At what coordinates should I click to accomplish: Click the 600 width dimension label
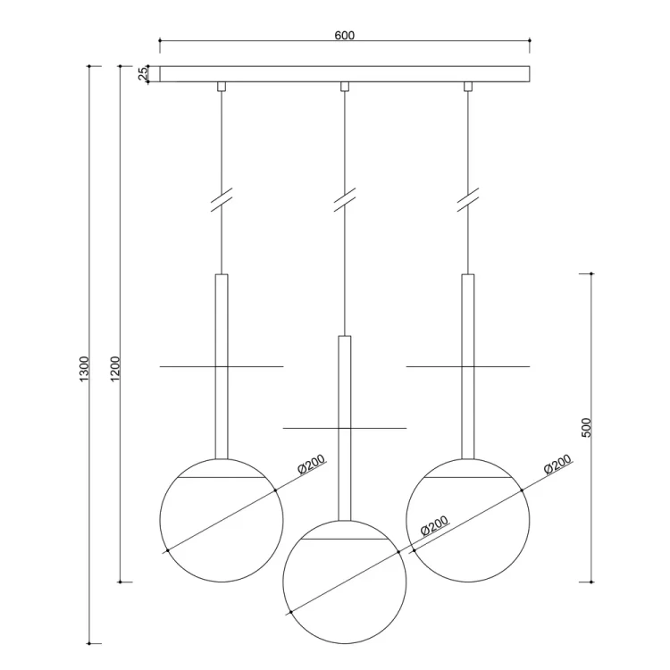coord(345,35)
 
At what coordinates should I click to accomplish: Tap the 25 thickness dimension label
coord(144,73)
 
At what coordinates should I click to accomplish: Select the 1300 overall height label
coord(84,369)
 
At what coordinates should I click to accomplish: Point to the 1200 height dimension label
coord(115,369)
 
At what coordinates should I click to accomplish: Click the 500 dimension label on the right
coord(587,427)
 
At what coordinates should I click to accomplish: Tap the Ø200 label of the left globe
coord(311,464)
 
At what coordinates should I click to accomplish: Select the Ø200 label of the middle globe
coord(434,525)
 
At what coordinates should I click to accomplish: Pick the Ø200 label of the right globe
coord(557,464)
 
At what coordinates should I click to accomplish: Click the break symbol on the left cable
coord(222,199)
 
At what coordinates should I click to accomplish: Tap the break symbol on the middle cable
coord(345,199)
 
